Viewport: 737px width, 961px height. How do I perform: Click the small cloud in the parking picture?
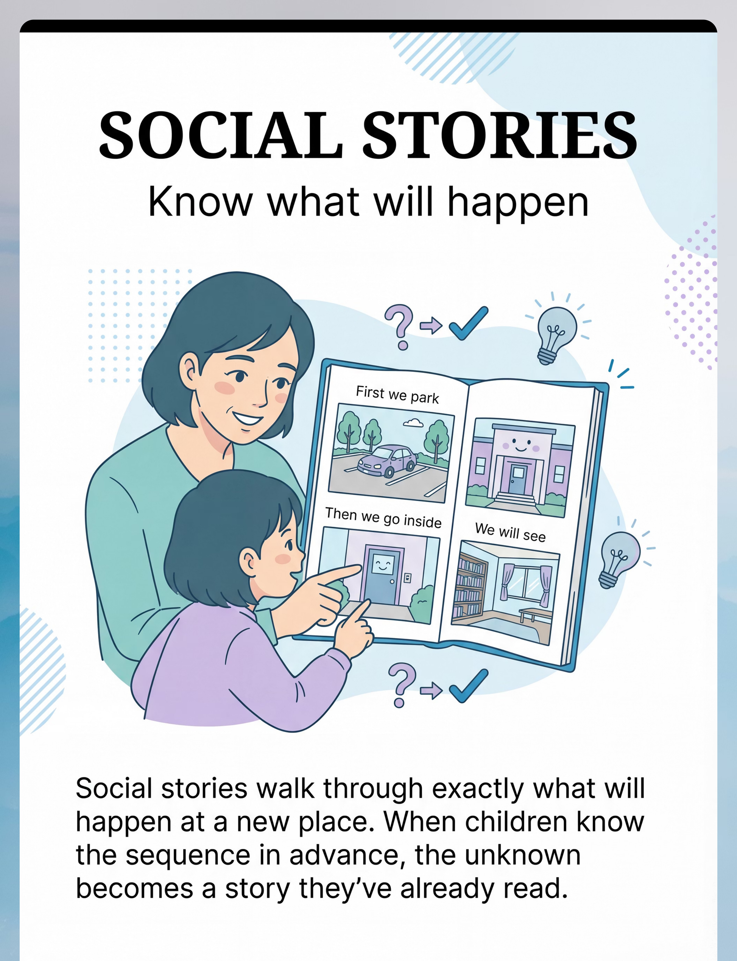tap(413, 423)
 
